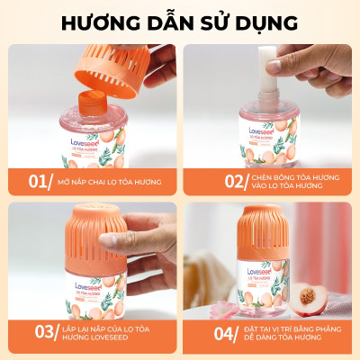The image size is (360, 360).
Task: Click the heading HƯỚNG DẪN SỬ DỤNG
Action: pos(180,21)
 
